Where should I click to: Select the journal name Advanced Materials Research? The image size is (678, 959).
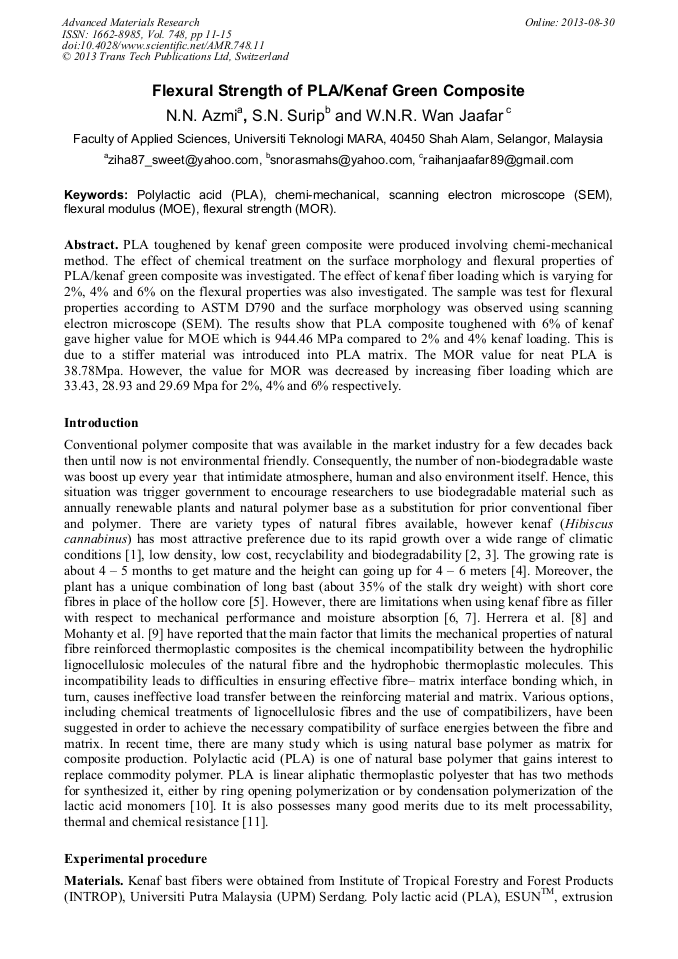[x=130, y=21]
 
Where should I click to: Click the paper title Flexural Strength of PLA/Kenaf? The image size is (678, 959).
[x=338, y=91]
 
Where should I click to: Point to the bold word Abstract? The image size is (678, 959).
[x=91, y=245]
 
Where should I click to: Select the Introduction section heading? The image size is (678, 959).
[x=101, y=423]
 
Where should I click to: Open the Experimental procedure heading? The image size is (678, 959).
[x=135, y=858]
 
